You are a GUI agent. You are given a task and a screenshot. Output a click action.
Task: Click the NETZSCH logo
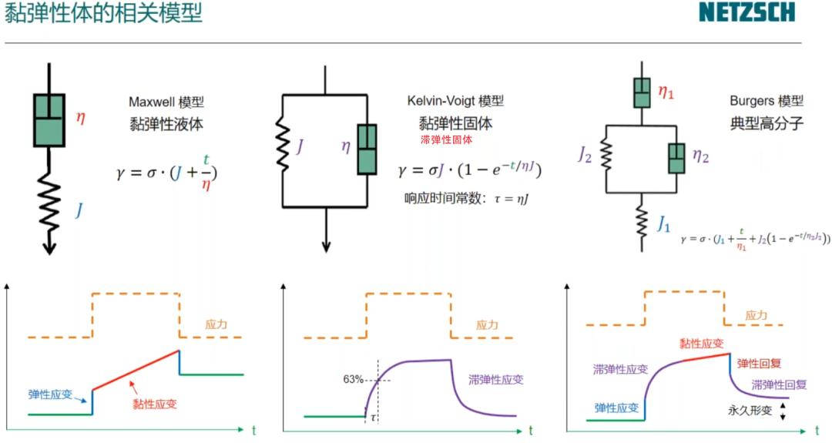click(746, 12)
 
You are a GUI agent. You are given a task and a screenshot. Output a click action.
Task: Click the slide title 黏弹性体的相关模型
click(103, 13)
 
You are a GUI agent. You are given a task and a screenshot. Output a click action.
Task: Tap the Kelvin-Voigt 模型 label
click(455, 102)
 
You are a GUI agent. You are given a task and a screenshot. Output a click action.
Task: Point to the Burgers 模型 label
click(766, 102)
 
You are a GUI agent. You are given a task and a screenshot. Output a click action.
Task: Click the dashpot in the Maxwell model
click(49, 119)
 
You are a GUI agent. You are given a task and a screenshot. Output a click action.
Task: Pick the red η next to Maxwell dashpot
click(81, 118)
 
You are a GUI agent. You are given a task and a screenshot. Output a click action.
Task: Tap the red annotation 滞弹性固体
click(446, 140)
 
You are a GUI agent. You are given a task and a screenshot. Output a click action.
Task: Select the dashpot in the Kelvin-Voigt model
click(367, 149)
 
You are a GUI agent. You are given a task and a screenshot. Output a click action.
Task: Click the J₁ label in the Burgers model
click(663, 224)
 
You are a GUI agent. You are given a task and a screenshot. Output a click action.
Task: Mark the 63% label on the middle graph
click(354, 379)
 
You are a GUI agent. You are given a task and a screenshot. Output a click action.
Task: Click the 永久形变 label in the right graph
click(749, 411)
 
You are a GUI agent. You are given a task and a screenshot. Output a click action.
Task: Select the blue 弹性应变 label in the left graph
click(52, 394)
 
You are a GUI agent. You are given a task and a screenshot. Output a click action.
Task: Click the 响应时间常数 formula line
click(465, 199)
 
